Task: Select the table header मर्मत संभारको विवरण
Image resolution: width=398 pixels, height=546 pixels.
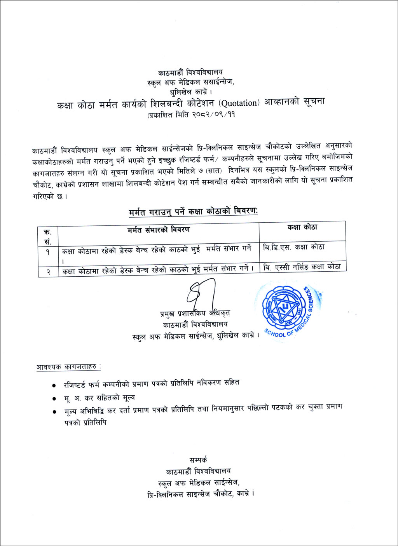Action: tap(158, 230)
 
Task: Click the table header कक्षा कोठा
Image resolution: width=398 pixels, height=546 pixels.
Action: tap(302, 227)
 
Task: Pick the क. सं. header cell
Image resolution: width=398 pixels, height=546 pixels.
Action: tap(48, 236)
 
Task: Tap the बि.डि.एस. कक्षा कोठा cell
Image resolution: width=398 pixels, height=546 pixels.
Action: tap(293, 247)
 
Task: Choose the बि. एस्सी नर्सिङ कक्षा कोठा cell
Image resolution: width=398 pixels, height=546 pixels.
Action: tap(302, 267)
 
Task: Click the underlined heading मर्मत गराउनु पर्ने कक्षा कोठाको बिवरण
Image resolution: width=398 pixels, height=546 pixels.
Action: tap(193, 211)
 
